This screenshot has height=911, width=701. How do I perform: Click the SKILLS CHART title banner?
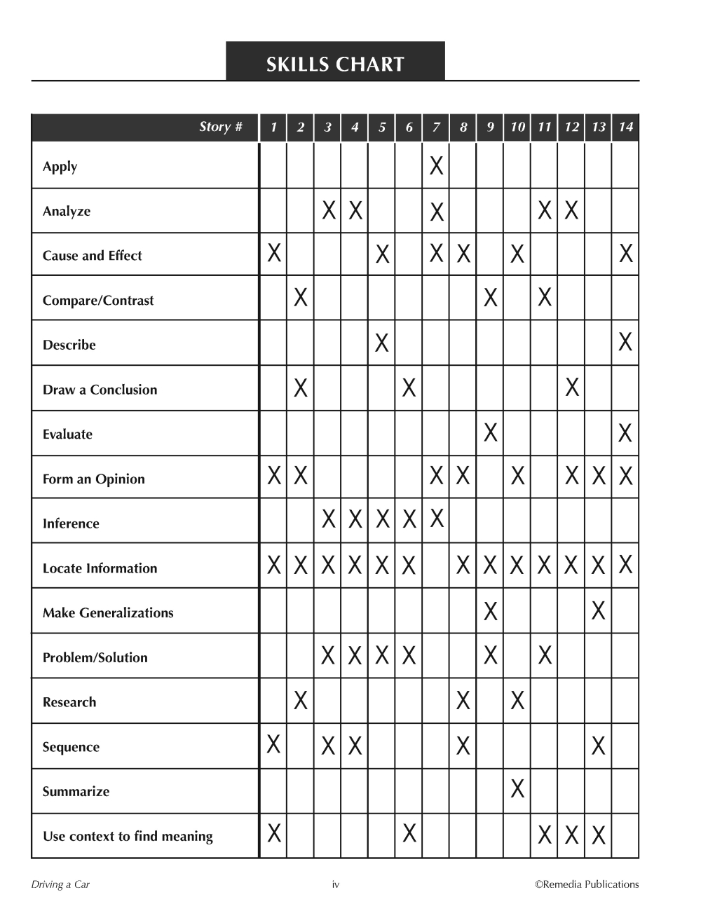335,64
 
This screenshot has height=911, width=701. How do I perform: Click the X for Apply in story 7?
436,166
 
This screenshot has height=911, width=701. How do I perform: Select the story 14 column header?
625,127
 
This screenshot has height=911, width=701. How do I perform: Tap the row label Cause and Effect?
92,256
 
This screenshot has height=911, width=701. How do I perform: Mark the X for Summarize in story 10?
517,789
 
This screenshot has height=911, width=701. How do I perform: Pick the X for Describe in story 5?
382,343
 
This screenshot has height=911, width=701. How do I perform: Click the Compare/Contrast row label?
98,301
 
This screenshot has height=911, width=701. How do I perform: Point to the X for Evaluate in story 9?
491,432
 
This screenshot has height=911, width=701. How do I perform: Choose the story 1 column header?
273,127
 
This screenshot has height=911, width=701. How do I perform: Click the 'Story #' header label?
220,127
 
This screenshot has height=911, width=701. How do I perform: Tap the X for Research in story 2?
301,700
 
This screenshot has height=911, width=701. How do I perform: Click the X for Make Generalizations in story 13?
598,611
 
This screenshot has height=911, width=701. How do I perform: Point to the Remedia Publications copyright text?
587,884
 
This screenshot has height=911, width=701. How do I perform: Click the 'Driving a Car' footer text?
60,884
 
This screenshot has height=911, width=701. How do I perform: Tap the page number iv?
335,884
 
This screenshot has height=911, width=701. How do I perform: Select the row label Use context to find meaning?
128,836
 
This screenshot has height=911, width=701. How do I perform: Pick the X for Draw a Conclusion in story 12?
572,387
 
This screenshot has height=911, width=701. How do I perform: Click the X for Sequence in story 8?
463,746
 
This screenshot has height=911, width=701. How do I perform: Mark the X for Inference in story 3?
328,520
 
